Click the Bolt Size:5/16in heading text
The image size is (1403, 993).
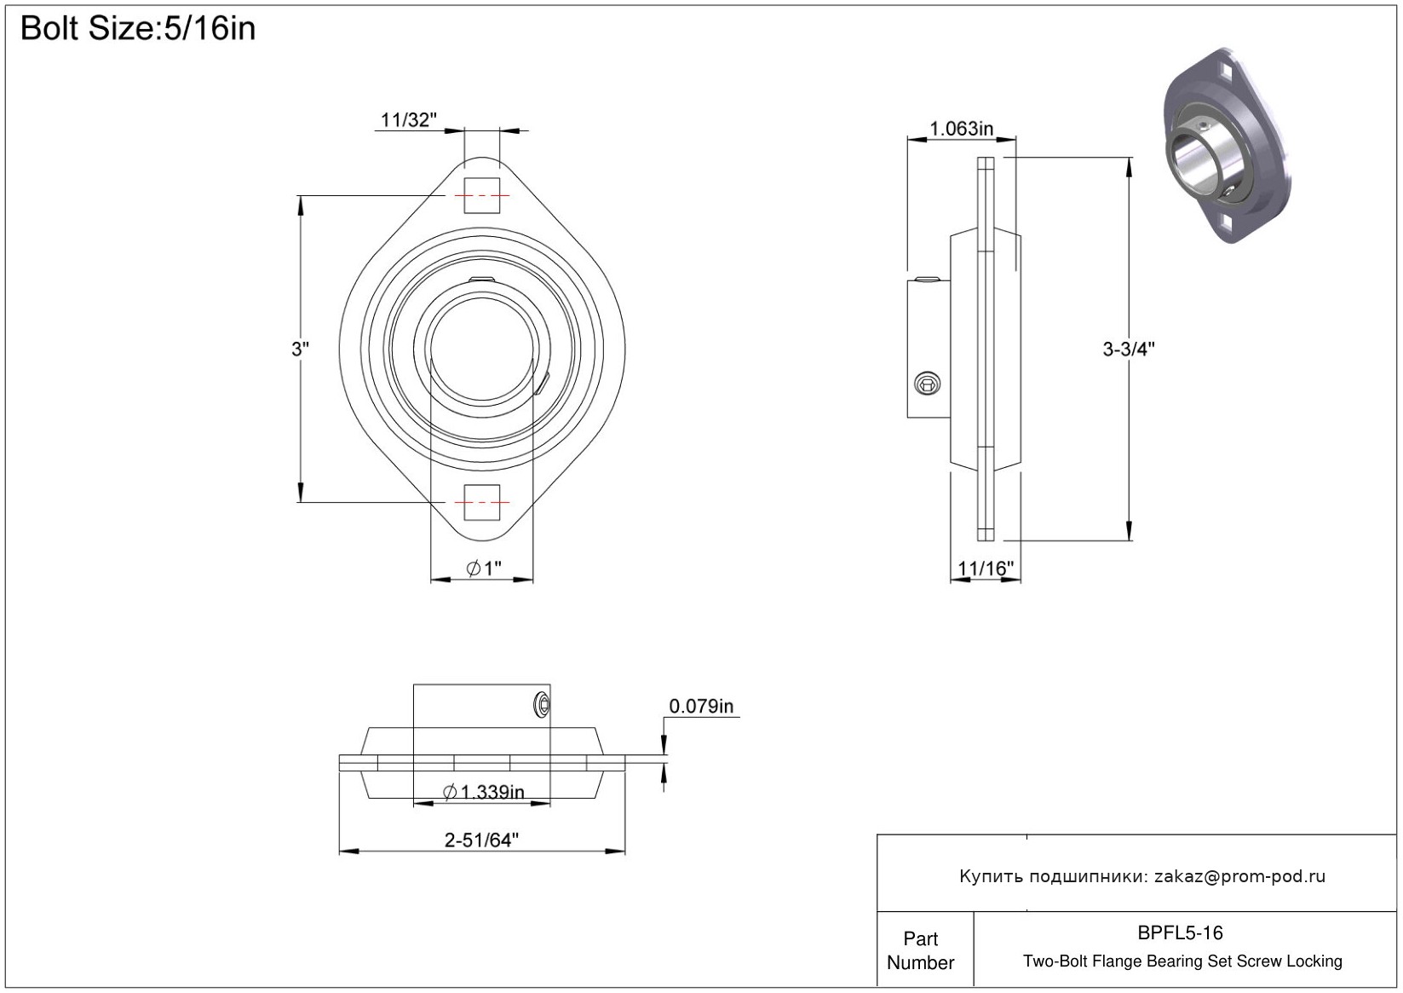[138, 29]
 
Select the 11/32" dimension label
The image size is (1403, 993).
[408, 119]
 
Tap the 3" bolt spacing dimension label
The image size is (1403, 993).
[300, 349]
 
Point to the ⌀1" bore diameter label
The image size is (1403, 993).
[484, 568]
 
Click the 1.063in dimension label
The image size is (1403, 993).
[962, 129]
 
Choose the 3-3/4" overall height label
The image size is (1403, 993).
[1129, 349]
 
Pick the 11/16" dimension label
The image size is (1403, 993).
[986, 568]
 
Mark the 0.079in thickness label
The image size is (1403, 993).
[701, 706]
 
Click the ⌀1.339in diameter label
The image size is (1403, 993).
[484, 792]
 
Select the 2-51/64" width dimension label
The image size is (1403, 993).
[481, 840]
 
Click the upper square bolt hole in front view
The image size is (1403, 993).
[481, 195]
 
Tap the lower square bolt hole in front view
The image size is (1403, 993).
[481, 502]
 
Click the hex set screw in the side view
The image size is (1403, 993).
[927, 384]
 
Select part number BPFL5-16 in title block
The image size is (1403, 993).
[1180, 932]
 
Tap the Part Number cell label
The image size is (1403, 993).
[920, 950]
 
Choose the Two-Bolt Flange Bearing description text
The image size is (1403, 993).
[1182, 961]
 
